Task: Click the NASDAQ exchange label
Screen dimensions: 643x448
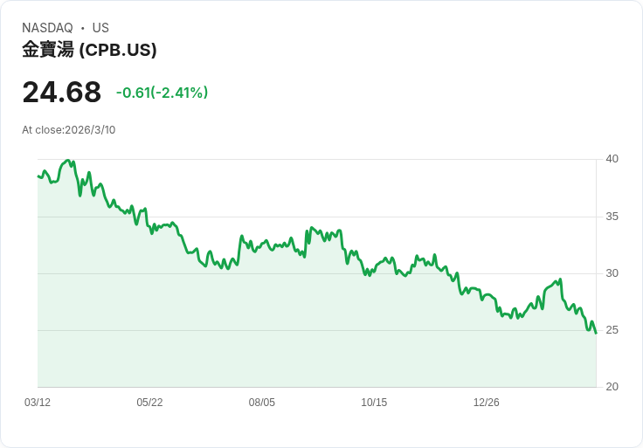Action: [47, 28]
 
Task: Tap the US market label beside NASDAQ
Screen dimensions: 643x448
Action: [100, 28]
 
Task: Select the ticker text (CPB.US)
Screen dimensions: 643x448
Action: [118, 50]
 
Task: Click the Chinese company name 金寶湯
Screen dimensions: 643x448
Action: [48, 50]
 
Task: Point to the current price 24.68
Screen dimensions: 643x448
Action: [61, 92]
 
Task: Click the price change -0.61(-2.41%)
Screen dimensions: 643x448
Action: [162, 93]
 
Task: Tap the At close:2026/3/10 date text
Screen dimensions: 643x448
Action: [68, 130]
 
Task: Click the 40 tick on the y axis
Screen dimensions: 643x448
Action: [612, 159]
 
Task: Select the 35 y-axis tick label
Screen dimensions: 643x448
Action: [612, 217]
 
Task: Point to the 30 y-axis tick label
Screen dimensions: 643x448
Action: [612, 273]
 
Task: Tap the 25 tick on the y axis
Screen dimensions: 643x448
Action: [612, 330]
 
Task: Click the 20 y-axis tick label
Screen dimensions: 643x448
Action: [612, 387]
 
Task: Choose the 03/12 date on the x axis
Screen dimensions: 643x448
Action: [38, 403]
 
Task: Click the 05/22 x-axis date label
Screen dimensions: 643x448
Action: [149, 403]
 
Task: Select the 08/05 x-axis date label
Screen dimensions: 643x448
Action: [261, 403]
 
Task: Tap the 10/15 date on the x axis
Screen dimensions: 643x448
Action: [374, 403]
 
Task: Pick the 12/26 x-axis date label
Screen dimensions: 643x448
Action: [487, 403]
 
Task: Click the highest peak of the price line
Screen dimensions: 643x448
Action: [68, 161]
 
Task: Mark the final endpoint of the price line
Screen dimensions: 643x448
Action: [596, 334]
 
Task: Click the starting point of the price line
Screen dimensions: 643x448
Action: [38, 176]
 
